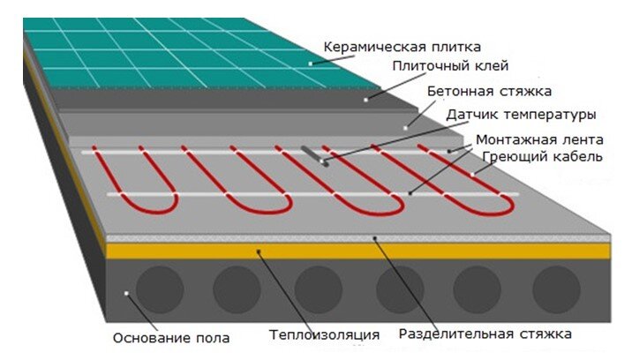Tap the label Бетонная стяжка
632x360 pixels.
coord(489,91)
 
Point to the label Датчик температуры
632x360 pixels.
coord(521,115)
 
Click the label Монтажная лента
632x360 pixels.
coord(539,140)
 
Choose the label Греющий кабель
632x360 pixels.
coord(543,157)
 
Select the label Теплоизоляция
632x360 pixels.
coord(324,335)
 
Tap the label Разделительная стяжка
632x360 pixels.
coord(485,334)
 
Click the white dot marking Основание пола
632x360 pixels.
coord(129,293)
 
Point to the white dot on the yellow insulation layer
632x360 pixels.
coord(259,251)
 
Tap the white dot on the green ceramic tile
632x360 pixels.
coord(312,64)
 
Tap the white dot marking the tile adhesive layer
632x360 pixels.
coord(365,100)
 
